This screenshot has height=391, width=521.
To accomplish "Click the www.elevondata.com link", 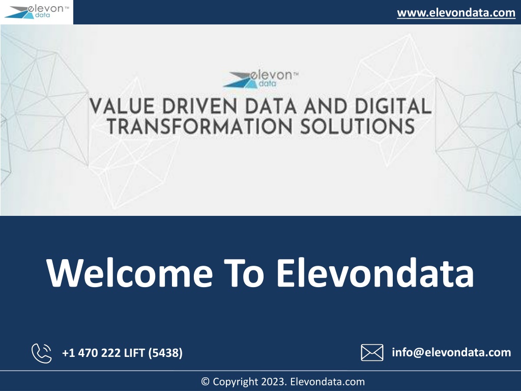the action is click(456, 13).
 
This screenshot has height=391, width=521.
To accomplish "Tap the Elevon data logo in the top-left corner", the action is click(37, 12).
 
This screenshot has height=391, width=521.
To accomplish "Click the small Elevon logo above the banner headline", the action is click(261, 79).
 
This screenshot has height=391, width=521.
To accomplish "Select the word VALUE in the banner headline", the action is click(122, 106).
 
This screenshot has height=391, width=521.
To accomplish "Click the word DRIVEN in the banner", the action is click(200, 106).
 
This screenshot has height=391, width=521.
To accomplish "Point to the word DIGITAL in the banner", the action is click(393, 106).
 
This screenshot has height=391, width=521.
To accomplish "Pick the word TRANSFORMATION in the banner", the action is click(199, 127).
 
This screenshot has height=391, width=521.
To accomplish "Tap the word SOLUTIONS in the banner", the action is click(358, 127).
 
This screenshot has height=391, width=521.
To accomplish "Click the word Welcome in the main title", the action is click(130, 272).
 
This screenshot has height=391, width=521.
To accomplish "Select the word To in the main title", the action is click(244, 272).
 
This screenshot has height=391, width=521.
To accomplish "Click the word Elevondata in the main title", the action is click(375, 272).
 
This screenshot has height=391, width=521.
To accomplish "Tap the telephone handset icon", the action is click(42, 353).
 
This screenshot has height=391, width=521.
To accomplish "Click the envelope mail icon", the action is click(372, 352).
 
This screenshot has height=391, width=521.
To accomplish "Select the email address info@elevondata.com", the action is click(451, 352).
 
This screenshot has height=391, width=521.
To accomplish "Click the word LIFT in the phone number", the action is click(134, 353).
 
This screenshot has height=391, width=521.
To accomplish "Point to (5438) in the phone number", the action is click(165, 353).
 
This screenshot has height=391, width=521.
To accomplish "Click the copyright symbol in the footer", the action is click(206, 382).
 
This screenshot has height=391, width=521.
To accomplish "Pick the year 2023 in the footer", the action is click(274, 382).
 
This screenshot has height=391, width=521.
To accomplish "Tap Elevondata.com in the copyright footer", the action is click(327, 382).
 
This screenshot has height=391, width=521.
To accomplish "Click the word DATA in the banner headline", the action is click(271, 106).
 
